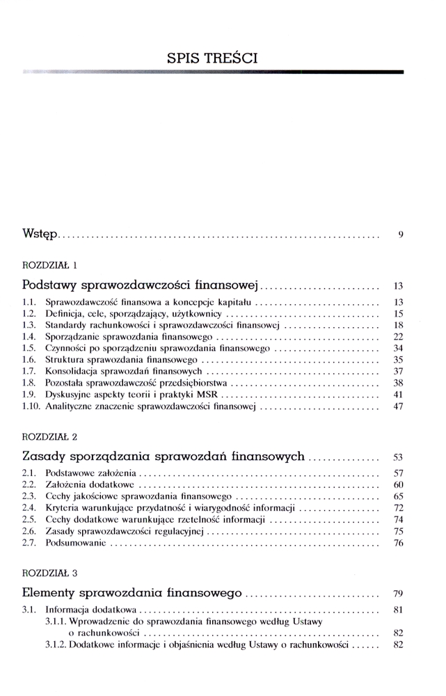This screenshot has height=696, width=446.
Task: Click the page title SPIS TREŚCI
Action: [212, 58]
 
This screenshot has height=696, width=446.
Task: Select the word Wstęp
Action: [40, 235]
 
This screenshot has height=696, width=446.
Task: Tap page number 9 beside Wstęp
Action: [401, 235]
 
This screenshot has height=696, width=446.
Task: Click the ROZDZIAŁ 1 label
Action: [49, 264]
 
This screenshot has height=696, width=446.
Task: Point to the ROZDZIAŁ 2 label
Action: [49, 436]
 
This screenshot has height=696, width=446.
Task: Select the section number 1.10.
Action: [32, 406]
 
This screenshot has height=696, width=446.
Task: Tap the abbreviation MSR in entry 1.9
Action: [207, 394]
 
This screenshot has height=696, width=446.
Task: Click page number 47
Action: [398, 406]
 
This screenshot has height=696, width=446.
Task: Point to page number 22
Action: [398, 335]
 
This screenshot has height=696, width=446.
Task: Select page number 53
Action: [398, 457]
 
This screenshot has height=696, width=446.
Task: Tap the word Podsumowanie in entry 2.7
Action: [75, 542]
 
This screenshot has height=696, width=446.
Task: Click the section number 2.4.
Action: [29, 507]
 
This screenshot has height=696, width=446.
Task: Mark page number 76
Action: [398, 542]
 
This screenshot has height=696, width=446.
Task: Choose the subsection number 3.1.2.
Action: [56, 644]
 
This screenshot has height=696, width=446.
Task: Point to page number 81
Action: [398, 610]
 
